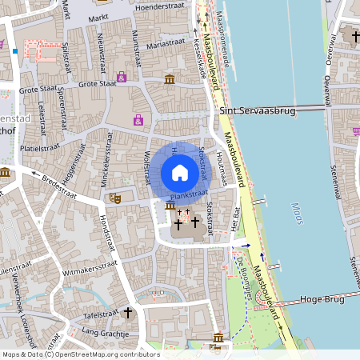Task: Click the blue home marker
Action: [180, 173]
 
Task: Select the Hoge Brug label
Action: [321, 299]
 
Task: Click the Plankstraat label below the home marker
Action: [190, 193]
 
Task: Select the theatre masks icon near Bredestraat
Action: [115, 194]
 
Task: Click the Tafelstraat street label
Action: [100, 316]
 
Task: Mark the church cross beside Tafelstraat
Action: [127, 314]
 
